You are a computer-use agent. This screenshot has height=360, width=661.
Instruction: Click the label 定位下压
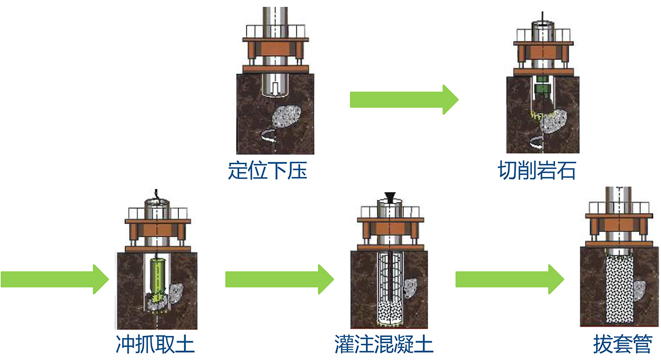tap(268, 171)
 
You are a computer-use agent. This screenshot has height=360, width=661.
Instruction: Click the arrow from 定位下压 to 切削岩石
tap(404, 99)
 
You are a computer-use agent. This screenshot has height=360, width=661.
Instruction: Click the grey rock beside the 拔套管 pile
tap(639, 292)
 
